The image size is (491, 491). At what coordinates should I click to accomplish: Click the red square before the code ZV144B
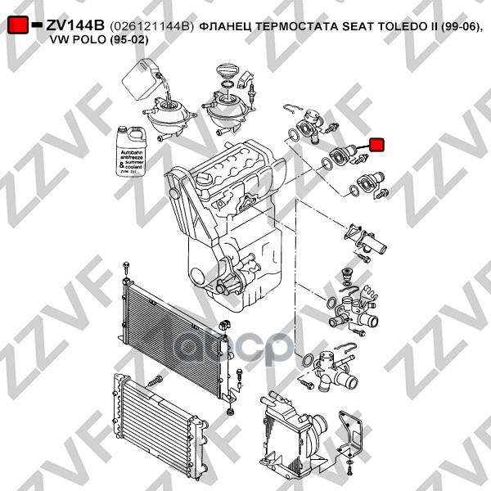point(17,26)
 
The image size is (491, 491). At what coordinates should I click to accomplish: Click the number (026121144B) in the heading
point(151,27)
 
